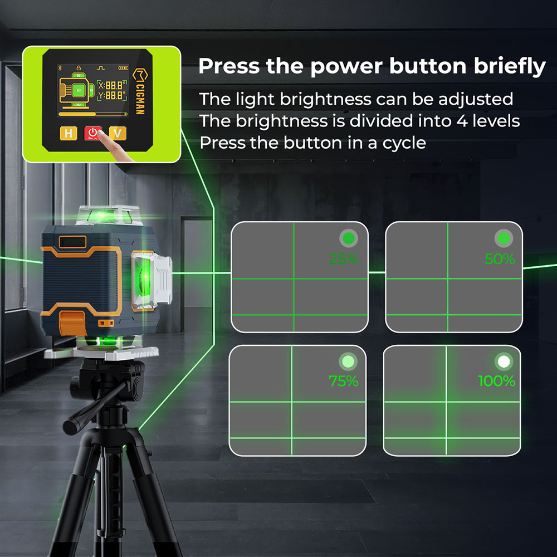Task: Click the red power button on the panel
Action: (x=92, y=133)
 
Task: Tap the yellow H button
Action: (x=68, y=133)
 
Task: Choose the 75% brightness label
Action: (x=343, y=381)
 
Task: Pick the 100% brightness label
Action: (x=497, y=381)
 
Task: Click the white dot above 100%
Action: (x=504, y=361)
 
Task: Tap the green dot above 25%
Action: (x=349, y=239)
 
